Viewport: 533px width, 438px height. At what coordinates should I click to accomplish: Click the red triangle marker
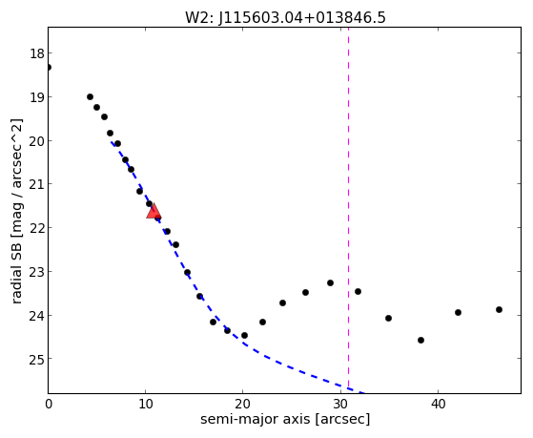(x=154, y=211)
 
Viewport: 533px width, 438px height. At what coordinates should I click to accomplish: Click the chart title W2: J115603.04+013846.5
(x=285, y=18)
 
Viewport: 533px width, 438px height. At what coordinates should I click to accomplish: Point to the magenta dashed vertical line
(x=348, y=208)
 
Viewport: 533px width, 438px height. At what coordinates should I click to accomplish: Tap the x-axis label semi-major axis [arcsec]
(x=285, y=419)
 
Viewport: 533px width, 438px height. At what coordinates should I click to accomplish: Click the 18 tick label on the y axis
(x=37, y=53)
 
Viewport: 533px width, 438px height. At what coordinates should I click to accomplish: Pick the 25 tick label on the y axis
(x=37, y=359)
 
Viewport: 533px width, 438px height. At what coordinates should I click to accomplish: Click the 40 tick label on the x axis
(x=438, y=405)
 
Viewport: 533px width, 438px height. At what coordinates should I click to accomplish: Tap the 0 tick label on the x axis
(x=49, y=405)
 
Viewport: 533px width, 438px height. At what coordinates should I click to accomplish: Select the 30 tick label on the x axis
(x=340, y=405)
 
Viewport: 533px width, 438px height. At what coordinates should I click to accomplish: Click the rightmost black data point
(x=499, y=310)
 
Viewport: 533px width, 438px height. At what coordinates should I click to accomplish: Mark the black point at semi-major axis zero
(x=49, y=67)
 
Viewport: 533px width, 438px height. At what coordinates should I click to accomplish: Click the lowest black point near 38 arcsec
(x=420, y=340)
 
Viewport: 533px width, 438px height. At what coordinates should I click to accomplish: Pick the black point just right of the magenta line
(x=358, y=291)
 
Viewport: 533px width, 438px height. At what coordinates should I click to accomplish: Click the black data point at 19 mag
(x=90, y=97)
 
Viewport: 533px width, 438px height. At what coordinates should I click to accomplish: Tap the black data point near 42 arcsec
(x=458, y=312)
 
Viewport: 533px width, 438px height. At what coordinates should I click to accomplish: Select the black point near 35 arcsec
(x=388, y=318)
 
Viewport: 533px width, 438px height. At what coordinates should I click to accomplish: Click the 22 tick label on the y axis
(x=37, y=228)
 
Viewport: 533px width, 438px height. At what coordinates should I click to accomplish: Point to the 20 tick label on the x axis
(x=243, y=405)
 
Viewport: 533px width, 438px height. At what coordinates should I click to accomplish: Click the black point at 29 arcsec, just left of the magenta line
(x=331, y=282)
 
